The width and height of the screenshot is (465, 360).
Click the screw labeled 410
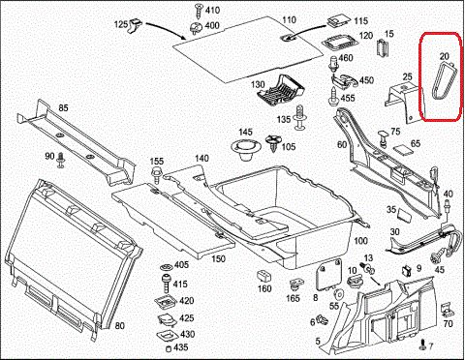point(198,11)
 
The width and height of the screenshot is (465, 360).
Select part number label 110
point(289,20)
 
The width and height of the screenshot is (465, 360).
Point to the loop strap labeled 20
point(445,81)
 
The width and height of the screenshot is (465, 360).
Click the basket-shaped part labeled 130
point(280,90)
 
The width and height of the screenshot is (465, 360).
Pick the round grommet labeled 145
point(245,150)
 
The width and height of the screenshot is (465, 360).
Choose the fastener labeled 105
point(274,144)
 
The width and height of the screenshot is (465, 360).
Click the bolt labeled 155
point(157,175)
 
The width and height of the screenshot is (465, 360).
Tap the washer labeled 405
point(167,267)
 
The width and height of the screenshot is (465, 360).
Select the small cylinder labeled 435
point(168,348)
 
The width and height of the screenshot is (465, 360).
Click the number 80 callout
point(119,326)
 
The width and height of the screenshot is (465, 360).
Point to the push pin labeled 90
point(60,161)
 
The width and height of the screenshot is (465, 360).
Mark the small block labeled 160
point(263,277)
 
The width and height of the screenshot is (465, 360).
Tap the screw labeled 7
point(422,345)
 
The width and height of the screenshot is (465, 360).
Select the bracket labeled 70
point(449,310)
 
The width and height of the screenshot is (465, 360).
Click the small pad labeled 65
point(403,150)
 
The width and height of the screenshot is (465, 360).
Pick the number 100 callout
point(360,241)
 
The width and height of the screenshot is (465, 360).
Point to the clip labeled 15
point(383,48)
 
